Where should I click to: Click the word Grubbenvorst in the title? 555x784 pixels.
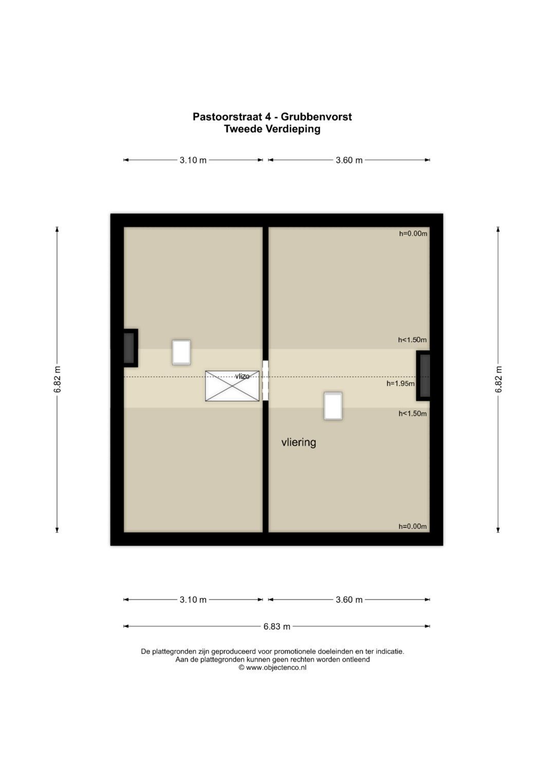[316, 117]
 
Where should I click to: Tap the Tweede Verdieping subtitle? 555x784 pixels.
[272, 129]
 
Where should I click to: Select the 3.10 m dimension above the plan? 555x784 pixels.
[193, 160]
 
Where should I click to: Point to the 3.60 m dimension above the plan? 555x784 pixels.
[349, 160]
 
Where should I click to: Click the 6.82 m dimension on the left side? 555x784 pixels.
[57, 379]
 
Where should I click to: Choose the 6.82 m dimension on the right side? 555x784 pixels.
[498, 379]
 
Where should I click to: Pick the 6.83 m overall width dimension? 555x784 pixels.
[277, 626]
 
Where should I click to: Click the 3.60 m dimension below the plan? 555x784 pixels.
[349, 600]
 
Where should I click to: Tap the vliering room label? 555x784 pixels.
[299, 442]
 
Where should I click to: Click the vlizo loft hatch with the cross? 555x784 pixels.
[232, 386]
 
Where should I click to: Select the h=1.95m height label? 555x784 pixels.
[400, 384]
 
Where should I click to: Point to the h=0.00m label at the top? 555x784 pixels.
[413, 234]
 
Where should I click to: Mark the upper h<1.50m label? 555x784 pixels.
[412, 340]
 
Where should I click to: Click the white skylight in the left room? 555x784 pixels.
[181, 352]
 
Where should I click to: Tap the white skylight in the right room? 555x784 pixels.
[333, 406]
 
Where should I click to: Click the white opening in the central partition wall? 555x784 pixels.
[266, 381]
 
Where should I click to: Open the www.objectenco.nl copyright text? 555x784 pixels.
[272, 667]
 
